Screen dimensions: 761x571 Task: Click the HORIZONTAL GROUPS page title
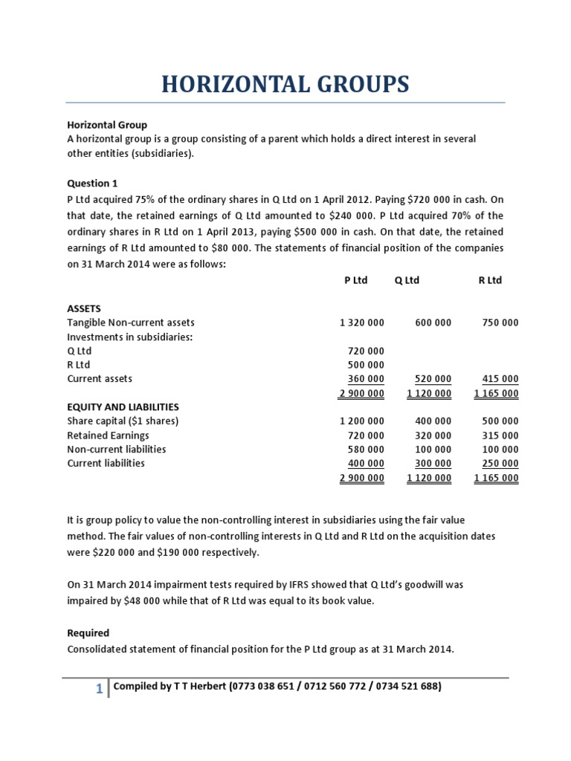click(285, 84)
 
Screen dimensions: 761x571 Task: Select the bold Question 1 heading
click(92, 183)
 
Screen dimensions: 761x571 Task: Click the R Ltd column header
click(490, 280)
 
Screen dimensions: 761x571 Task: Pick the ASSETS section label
click(84, 308)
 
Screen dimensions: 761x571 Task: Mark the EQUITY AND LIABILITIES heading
click(123, 407)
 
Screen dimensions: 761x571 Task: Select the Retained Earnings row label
click(108, 435)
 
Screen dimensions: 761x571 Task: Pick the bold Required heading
click(88, 633)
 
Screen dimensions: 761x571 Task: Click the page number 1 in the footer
click(99, 690)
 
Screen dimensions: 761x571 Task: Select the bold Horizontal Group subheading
click(107, 125)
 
